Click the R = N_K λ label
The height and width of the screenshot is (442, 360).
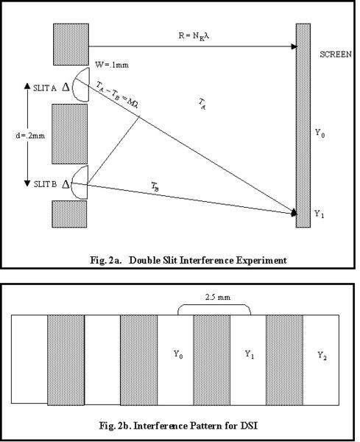click(x=194, y=36)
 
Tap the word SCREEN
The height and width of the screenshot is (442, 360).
click(x=336, y=54)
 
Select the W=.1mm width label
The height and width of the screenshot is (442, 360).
click(x=112, y=65)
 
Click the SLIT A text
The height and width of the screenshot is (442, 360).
click(x=45, y=88)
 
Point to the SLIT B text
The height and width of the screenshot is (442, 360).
click(x=46, y=184)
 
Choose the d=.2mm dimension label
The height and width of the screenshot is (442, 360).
click(x=30, y=136)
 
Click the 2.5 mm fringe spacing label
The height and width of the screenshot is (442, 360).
click(x=218, y=297)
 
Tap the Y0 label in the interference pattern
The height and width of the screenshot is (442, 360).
click(x=178, y=354)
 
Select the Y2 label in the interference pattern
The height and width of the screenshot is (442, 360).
click(x=322, y=356)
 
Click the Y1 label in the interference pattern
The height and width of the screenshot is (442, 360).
click(x=250, y=354)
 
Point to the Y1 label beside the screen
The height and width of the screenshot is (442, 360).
click(x=320, y=214)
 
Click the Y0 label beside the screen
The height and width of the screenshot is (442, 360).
click(x=320, y=133)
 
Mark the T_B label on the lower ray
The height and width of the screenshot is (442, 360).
click(x=155, y=186)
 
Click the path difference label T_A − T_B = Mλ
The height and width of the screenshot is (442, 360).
click(x=116, y=94)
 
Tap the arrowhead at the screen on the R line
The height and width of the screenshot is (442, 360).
click(x=294, y=46)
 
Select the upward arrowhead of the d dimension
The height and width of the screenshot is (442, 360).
click(x=27, y=85)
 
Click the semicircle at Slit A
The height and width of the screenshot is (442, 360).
click(x=74, y=85)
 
